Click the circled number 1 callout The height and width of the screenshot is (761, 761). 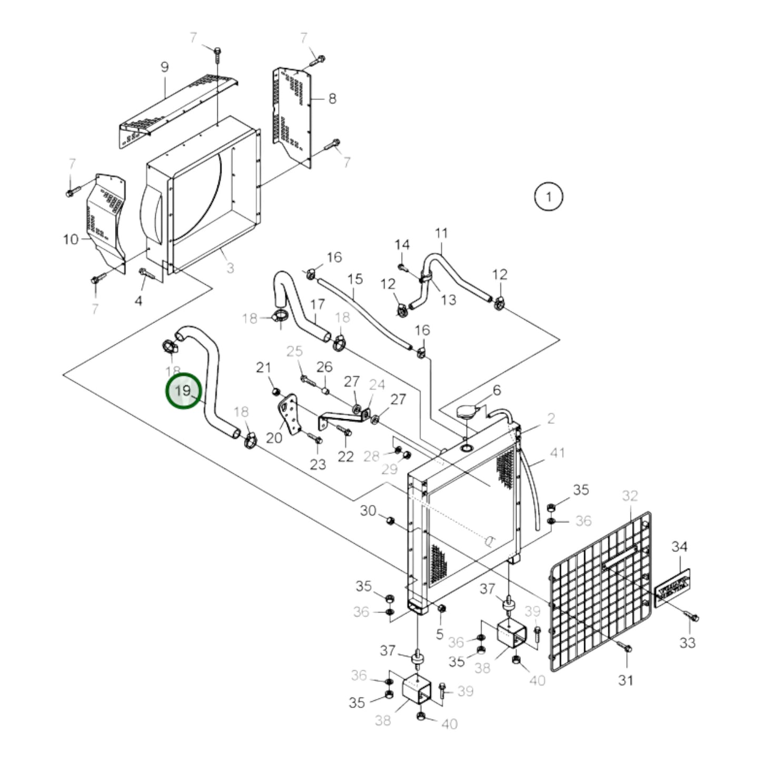coord(548,197)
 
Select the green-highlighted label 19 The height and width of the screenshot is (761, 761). coord(184,391)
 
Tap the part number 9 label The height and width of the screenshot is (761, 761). coord(164,67)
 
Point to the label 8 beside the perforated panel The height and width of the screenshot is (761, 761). coord(332,98)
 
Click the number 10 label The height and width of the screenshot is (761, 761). coord(71,240)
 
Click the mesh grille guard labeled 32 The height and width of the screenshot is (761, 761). coord(600,590)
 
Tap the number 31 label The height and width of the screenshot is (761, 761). coord(625,680)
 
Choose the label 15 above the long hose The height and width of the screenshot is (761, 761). coord(355,279)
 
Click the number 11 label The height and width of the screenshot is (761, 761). coord(441,233)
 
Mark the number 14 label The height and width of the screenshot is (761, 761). coord(402,245)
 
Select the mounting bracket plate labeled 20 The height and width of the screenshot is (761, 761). coord(289,416)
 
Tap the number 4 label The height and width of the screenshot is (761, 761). coord(139,301)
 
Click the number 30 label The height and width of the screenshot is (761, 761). coord(368,510)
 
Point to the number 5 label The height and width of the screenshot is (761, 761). coord(440,635)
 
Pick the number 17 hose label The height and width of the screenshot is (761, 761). coord(318,304)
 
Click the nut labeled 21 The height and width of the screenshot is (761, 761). coord(275,391)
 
